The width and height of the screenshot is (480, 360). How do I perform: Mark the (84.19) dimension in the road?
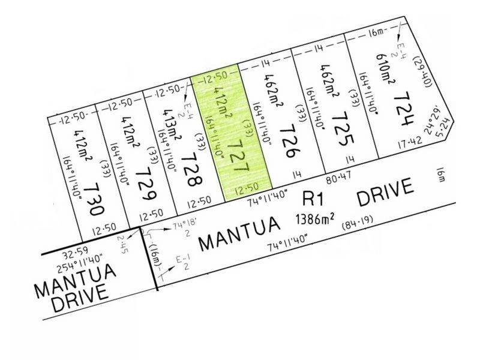coord(359,228)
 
